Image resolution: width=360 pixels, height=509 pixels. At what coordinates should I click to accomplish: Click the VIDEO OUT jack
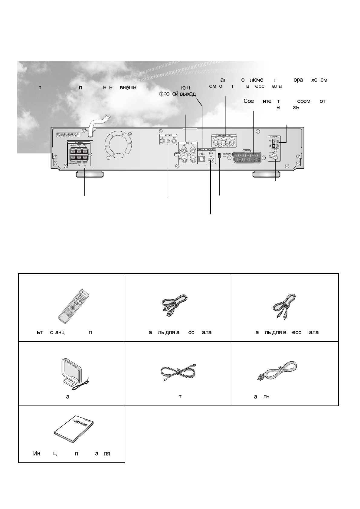211,158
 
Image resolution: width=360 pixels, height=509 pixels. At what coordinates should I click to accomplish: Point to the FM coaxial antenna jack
275,157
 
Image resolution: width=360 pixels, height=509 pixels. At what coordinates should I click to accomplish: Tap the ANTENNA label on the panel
275,137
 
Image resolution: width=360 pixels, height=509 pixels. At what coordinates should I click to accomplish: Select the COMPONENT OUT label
224,136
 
